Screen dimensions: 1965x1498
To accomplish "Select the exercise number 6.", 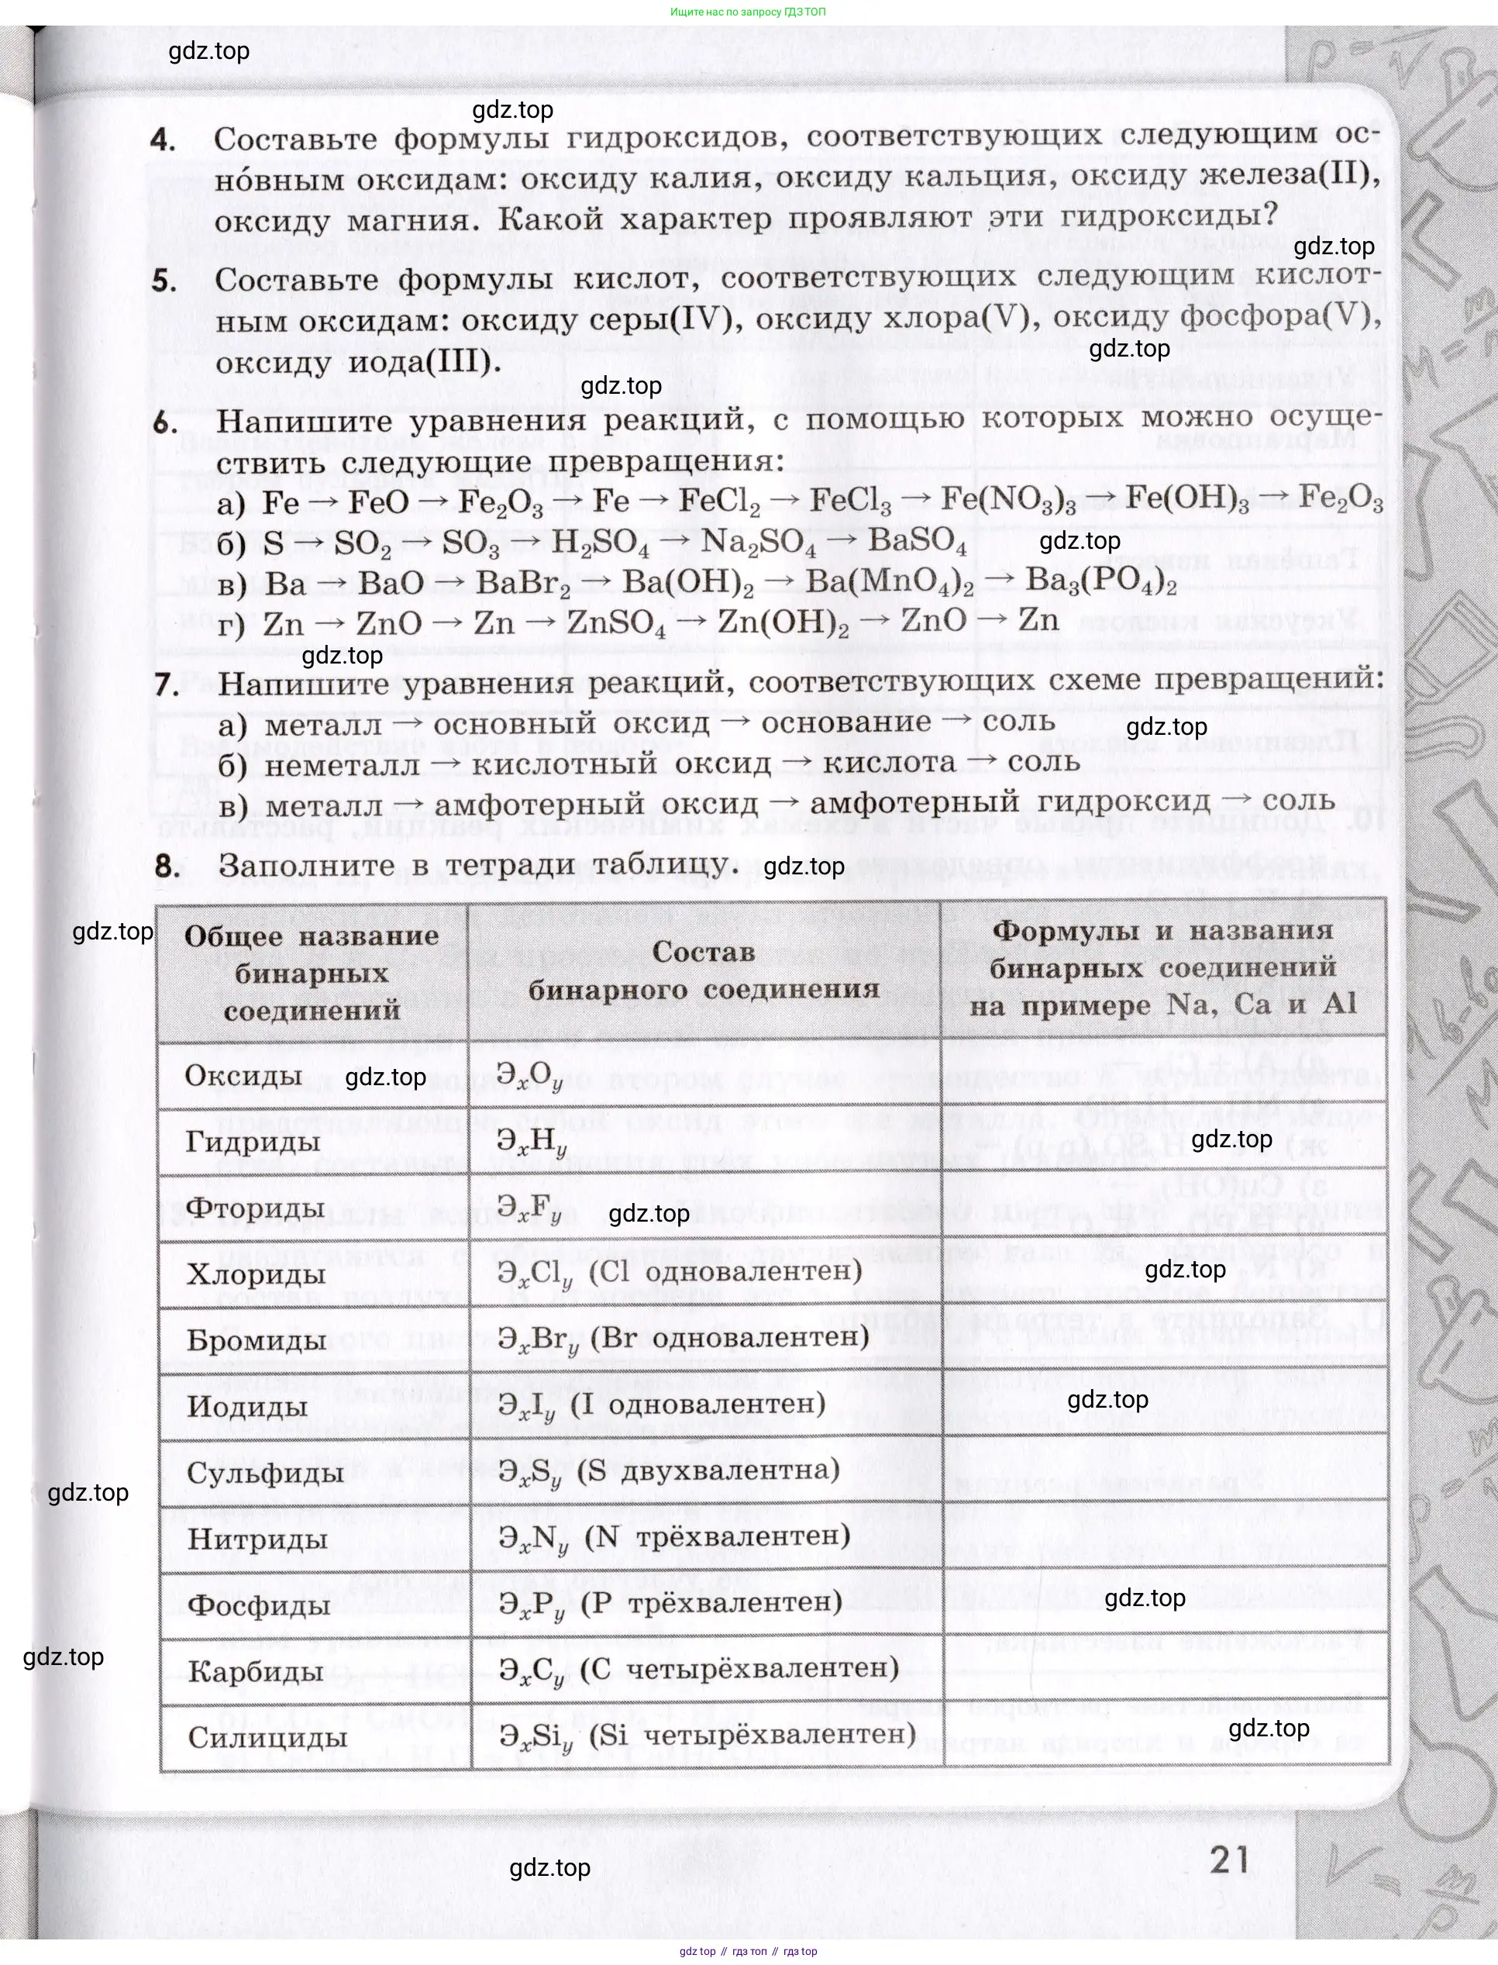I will (x=165, y=422).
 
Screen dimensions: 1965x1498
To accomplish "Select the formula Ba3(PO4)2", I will (x=1101, y=581).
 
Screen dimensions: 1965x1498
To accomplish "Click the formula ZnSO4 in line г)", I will (x=616, y=623).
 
